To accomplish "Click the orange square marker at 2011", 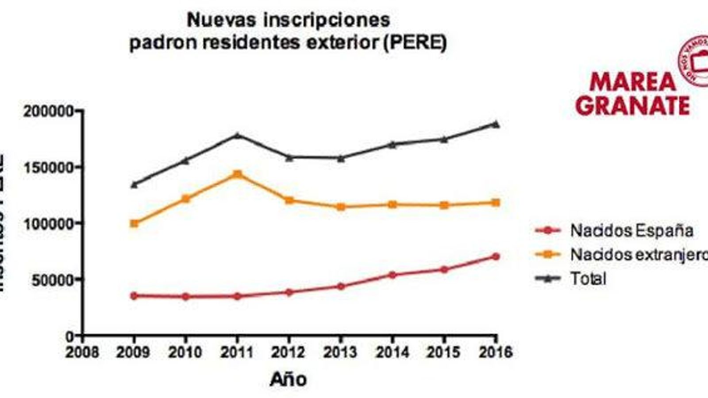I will click(x=237, y=174).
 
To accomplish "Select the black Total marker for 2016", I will click(x=496, y=124).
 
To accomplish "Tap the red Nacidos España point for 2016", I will click(x=496, y=256).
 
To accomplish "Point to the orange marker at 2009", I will click(x=134, y=224).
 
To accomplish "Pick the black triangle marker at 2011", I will click(x=237, y=135).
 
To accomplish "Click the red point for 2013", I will click(x=341, y=287).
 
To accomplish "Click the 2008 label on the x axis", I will click(x=82, y=352).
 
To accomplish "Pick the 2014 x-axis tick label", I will click(x=392, y=352).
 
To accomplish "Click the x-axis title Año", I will click(x=288, y=379).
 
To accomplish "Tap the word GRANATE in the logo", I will click(x=633, y=105).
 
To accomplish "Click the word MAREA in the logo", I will click(x=633, y=82).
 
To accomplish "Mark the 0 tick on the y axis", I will click(x=70, y=337).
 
